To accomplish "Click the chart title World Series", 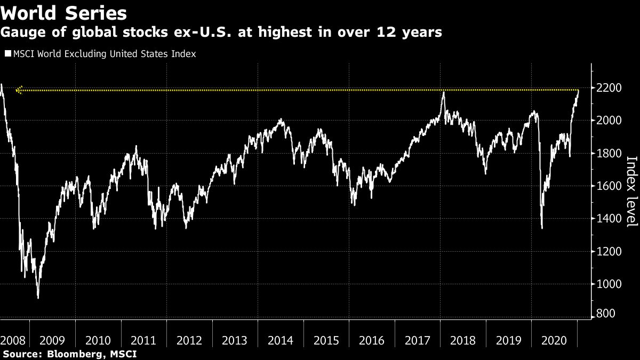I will [64, 13].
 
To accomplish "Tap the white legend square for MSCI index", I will [7, 54].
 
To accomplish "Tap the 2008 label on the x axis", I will [12, 340].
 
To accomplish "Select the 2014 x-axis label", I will [281, 340].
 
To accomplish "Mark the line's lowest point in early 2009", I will [38, 298].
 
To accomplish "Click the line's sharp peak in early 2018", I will [443, 93].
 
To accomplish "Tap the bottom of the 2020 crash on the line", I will [542, 228].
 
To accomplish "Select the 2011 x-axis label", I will [144, 340].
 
